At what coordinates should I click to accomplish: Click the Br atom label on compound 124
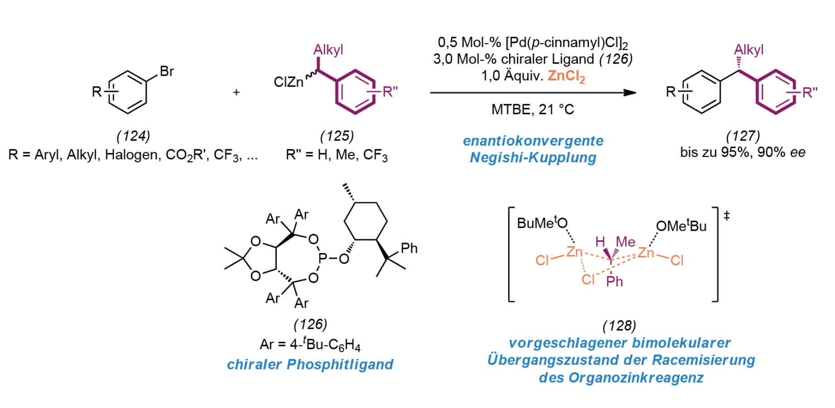(167, 71)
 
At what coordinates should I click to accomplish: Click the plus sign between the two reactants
(236, 92)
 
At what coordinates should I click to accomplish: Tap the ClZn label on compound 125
(289, 82)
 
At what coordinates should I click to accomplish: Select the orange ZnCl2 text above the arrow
(566, 76)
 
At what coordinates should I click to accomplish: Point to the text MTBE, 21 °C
(533, 109)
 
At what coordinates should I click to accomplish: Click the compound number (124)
(133, 136)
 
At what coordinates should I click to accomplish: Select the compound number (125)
(337, 136)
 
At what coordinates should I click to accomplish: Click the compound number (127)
(743, 136)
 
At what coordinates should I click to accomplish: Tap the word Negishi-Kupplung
(533, 158)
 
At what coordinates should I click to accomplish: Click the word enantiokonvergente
(533, 141)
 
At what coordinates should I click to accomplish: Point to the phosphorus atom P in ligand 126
(323, 258)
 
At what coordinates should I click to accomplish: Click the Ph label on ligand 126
(409, 248)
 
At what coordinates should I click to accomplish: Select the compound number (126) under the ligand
(310, 324)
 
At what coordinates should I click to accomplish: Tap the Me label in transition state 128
(625, 242)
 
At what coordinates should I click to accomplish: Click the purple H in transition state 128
(600, 242)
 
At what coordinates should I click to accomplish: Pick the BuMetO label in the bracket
(542, 223)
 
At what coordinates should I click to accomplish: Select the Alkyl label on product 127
(749, 50)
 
